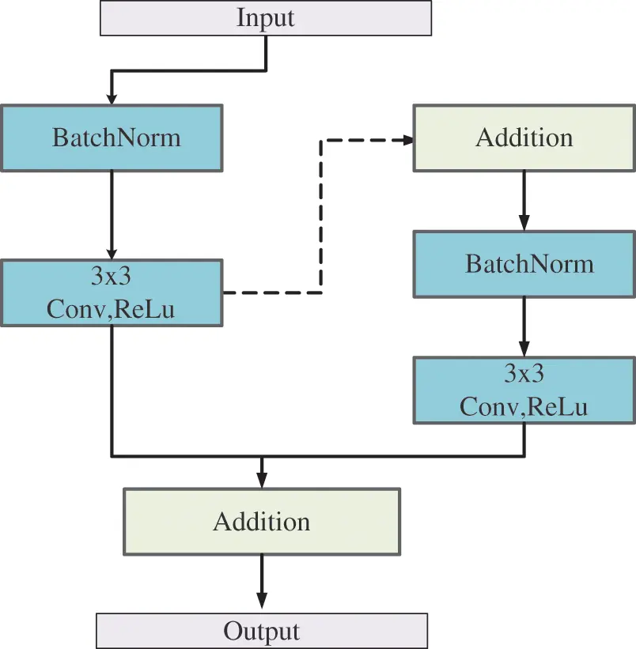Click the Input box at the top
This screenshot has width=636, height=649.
coord(265,18)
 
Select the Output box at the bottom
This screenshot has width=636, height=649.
coord(262,631)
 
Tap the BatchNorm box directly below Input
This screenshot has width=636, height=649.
coord(112,138)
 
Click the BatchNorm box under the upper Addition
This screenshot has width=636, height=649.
coord(524,263)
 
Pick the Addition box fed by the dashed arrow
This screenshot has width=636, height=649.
coord(524,138)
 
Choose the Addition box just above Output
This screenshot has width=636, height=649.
coord(262,521)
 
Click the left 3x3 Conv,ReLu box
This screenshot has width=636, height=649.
coord(112,293)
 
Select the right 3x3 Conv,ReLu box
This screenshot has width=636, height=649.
coord(524,389)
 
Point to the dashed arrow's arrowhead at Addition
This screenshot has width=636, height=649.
coord(407,140)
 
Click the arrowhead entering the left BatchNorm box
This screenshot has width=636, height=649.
coord(112,97)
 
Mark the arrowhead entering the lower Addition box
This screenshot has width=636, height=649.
coord(262,480)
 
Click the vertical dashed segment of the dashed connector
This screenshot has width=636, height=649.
coord(320,217)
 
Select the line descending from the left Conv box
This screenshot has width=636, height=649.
coord(112,391)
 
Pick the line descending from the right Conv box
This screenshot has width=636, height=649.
coord(524,440)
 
